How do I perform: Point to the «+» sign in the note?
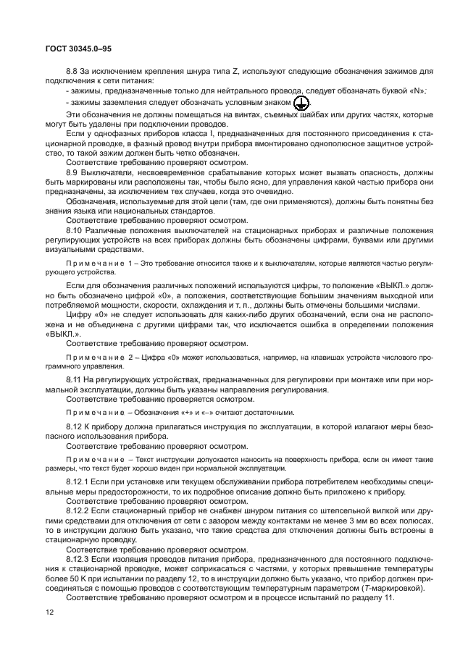pyautogui.click(x=177, y=412)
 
